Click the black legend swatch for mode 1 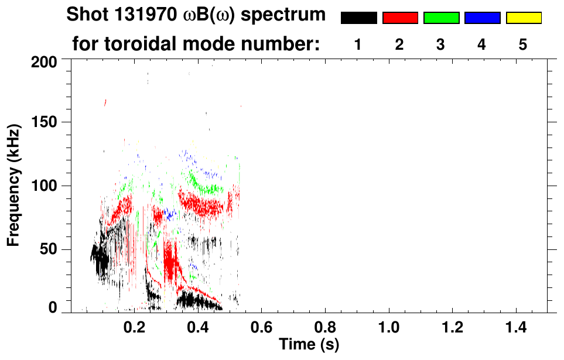pos(358,18)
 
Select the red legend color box pos(400,18)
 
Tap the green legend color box pos(441,18)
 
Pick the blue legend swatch pos(482,18)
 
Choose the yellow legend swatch pos(523,18)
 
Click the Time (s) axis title pos(309,344)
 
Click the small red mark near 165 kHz pos(105,102)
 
